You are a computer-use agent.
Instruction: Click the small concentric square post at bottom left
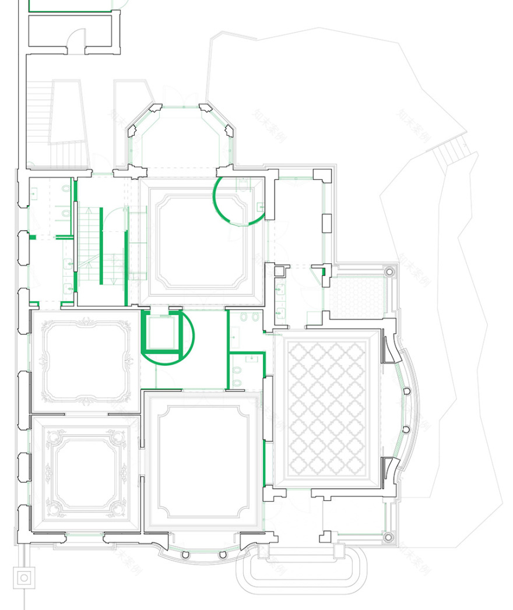tap(24, 579)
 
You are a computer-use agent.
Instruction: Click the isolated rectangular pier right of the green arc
tap(327, 222)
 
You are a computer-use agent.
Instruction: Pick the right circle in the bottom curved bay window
tap(222, 554)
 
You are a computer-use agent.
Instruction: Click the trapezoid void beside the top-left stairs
tap(69, 114)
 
